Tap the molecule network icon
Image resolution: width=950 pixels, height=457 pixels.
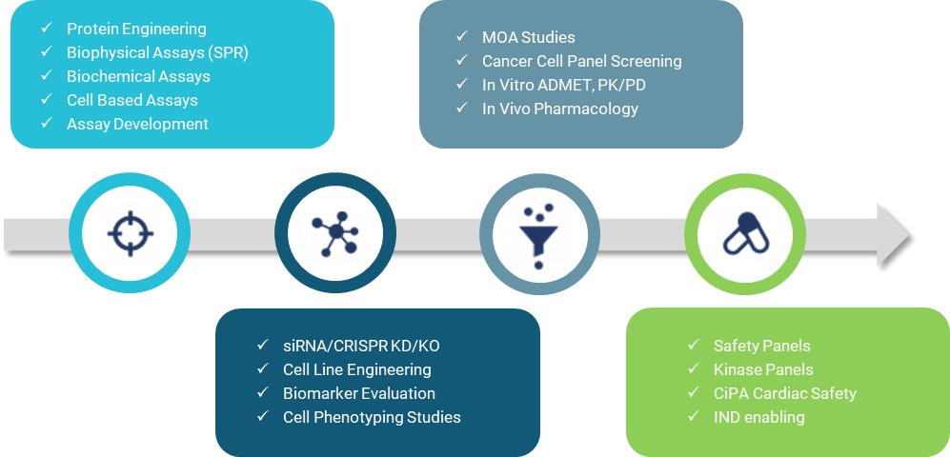click(334, 232)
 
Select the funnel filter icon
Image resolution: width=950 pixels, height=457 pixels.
click(539, 232)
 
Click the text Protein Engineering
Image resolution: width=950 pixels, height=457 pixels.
click(136, 30)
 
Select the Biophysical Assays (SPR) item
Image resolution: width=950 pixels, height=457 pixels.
click(157, 52)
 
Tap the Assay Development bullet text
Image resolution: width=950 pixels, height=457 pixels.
click(137, 124)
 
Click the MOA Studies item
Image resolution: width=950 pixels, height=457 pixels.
click(529, 38)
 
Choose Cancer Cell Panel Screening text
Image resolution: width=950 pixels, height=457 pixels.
click(582, 61)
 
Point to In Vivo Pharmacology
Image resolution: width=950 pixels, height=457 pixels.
click(560, 109)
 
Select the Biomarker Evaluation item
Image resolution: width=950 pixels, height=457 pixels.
click(359, 393)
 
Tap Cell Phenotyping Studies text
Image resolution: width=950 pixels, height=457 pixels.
click(372, 417)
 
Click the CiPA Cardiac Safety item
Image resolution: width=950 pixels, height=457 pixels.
click(785, 393)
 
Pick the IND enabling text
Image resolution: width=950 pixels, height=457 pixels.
click(759, 417)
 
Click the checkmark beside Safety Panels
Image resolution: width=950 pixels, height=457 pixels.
click(693, 346)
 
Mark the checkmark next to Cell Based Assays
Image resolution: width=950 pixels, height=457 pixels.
click(47, 100)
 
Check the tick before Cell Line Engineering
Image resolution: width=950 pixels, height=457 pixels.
click(262, 369)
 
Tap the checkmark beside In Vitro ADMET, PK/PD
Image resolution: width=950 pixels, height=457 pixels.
click(462, 85)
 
